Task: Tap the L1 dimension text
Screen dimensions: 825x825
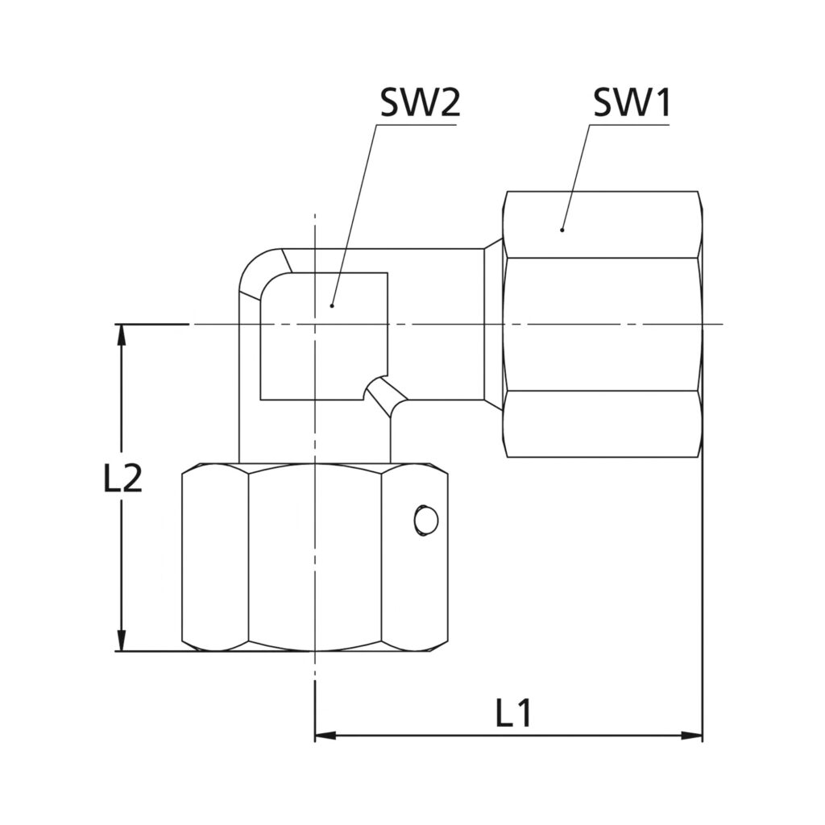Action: coord(513,714)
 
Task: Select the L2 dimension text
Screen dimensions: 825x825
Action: coord(122,480)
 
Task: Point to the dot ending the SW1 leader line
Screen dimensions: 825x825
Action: coord(562,230)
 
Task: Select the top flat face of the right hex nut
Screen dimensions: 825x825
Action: coord(601,225)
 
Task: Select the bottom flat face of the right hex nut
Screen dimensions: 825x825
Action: coord(601,424)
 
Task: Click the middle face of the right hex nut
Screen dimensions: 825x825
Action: coord(601,324)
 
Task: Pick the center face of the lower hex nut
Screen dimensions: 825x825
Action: coord(314,558)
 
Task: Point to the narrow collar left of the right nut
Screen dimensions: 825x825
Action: coord(493,324)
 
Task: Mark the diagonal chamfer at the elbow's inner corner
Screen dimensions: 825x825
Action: coord(385,396)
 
